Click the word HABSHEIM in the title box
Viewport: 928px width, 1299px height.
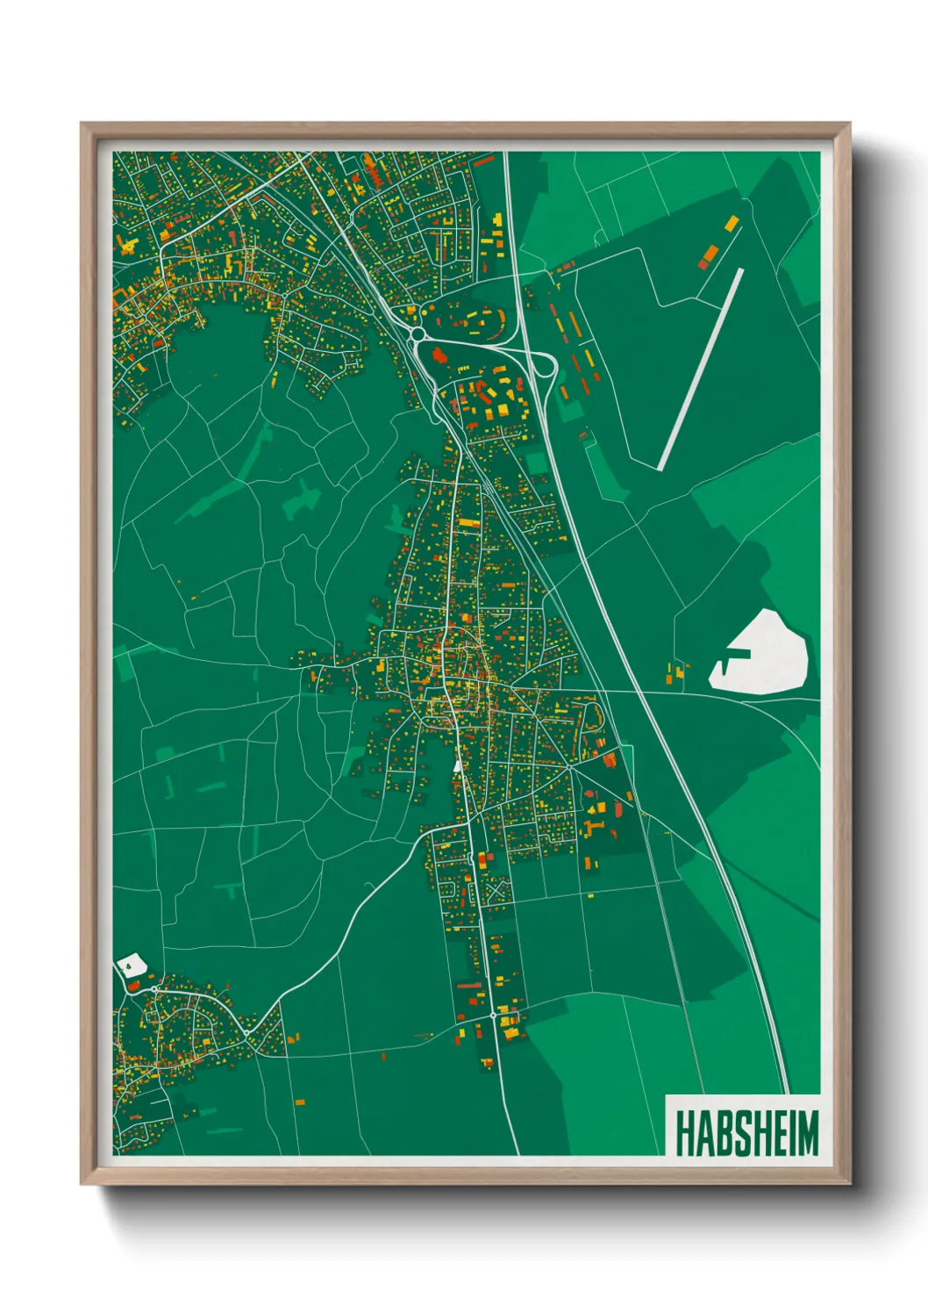(x=746, y=1133)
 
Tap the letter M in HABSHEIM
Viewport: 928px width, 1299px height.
(x=806, y=1133)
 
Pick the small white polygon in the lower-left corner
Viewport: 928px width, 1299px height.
(x=131, y=965)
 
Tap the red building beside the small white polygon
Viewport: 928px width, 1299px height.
(x=133, y=986)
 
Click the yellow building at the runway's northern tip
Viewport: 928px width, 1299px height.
(x=731, y=223)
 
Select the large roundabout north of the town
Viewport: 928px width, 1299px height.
(x=418, y=334)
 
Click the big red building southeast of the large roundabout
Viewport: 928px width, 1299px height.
(x=439, y=355)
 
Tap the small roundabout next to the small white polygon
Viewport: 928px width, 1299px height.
(x=153, y=990)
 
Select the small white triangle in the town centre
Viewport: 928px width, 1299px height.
(x=457, y=765)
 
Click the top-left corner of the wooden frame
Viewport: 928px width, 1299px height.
(x=82, y=124)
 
